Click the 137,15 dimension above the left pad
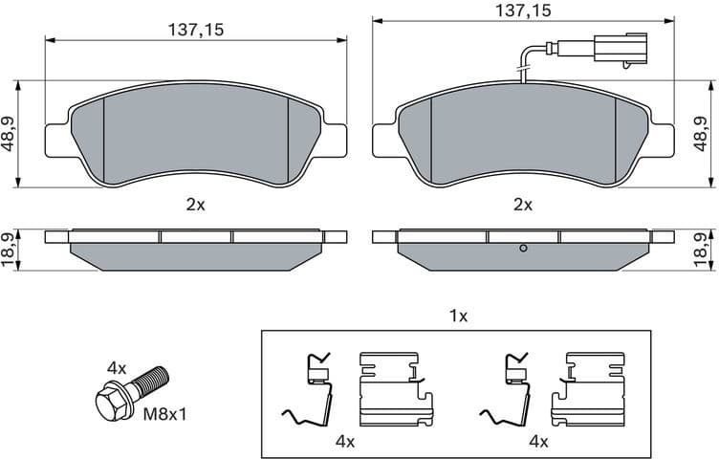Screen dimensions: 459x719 [195, 29]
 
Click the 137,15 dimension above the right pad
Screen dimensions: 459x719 [523, 11]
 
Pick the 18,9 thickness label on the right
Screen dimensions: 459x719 [708, 250]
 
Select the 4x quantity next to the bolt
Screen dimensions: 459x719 [117, 366]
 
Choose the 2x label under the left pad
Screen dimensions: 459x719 [195, 204]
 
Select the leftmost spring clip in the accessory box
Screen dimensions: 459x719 [311, 391]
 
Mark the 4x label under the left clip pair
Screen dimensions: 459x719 [345, 441]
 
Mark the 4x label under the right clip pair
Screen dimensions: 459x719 [537, 441]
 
